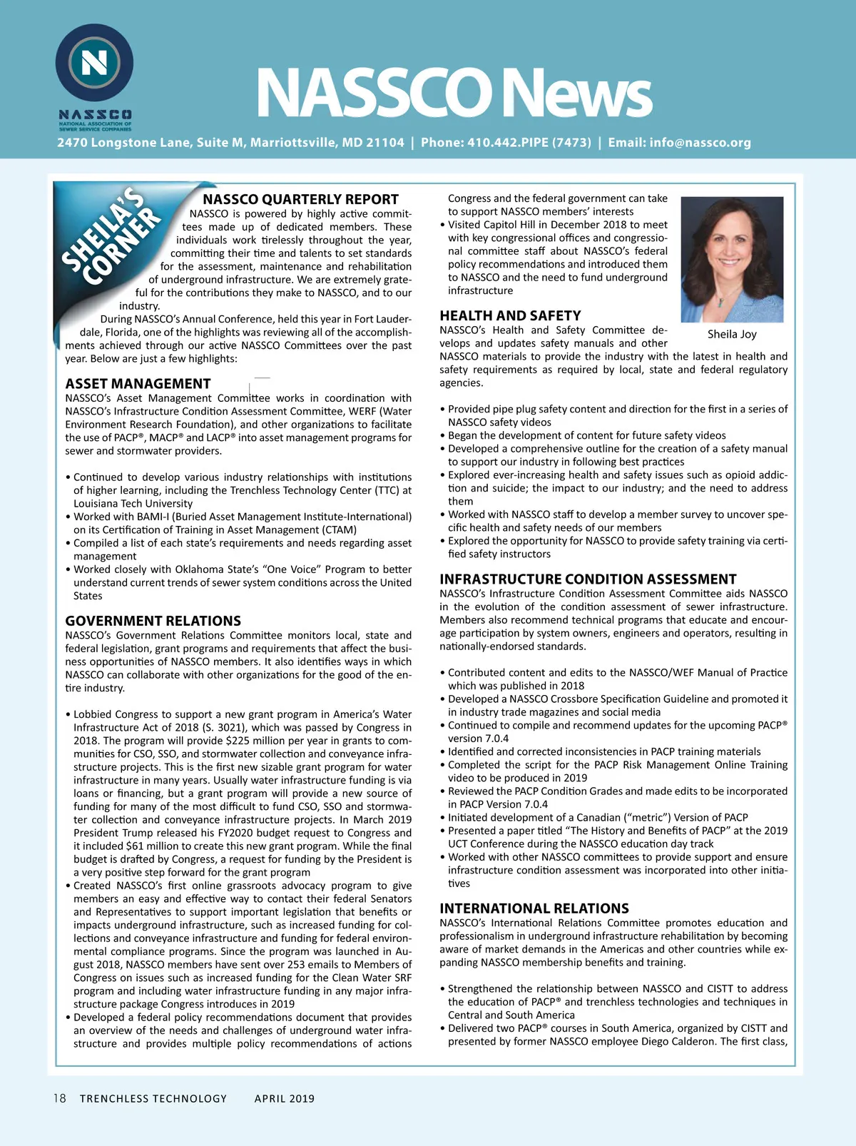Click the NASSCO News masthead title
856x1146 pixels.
[454, 92]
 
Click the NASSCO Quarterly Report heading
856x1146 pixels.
[300, 199]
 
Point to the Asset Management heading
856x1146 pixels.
[138, 384]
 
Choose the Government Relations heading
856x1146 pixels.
[153, 621]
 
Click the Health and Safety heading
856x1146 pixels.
[510, 315]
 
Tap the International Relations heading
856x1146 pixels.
[534, 908]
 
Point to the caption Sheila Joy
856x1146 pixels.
[732, 334]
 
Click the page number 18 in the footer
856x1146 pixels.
[59, 1098]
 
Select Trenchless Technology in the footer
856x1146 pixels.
[153, 1099]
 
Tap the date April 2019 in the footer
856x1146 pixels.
[285, 1099]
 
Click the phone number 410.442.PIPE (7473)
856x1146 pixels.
[506, 143]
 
